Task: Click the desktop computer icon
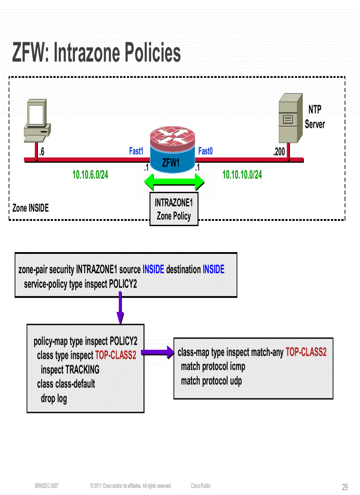pyautogui.click(x=37, y=121)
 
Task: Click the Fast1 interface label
pyautogui.click(x=136, y=151)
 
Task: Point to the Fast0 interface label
pyautogui.click(x=205, y=151)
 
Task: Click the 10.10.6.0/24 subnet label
pyautogui.click(x=90, y=175)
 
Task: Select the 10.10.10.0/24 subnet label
pyautogui.click(x=242, y=175)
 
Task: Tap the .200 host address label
pyautogui.click(x=279, y=152)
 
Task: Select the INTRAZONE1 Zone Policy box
pyautogui.click(x=174, y=209)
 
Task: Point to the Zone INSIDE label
pyautogui.click(x=30, y=208)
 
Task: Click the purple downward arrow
pyautogui.click(x=120, y=310)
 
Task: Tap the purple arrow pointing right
pyautogui.click(x=157, y=352)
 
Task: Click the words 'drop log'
pyautogui.click(x=54, y=399)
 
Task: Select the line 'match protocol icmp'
pyautogui.click(x=213, y=366)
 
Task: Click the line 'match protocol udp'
pyautogui.click(x=211, y=381)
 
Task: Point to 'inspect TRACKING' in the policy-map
pyautogui.click(x=70, y=369)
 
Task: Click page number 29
pyautogui.click(x=345, y=487)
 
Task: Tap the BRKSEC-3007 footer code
pyautogui.click(x=47, y=486)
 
